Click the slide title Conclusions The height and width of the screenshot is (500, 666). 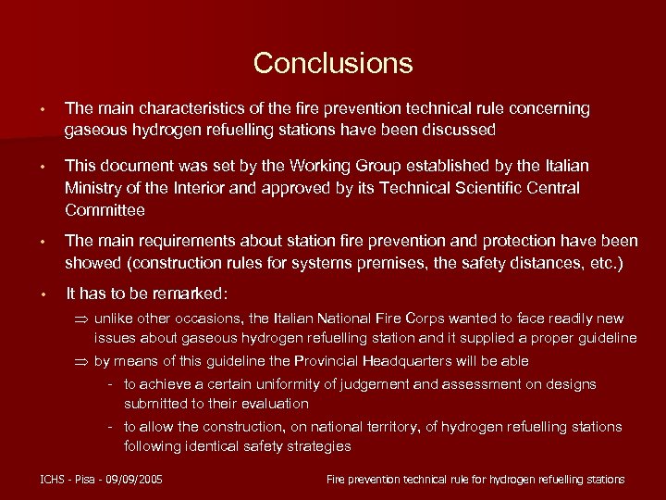[333, 63]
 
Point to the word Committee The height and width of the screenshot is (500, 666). [105, 210]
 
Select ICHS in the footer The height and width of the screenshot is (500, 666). [54, 479]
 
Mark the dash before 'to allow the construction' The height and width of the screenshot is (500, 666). [110, 427]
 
